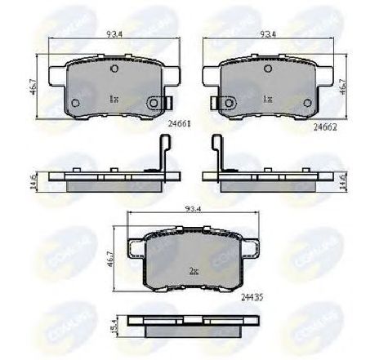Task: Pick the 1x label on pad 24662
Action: (x=267, y=97)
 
